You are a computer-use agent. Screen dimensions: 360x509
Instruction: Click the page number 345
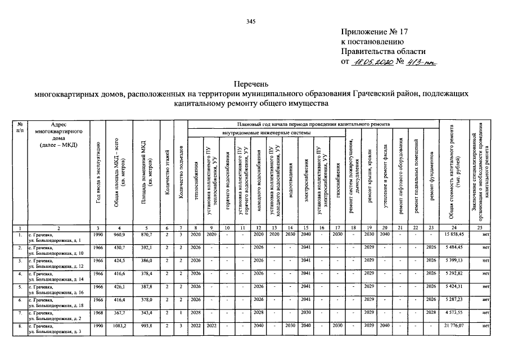pyautogui.click(x=251, y=21)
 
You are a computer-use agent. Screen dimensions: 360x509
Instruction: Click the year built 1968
pyautogui.click(x=97, y=313)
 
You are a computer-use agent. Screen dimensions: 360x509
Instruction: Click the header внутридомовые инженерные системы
pyautogui.click(x=265, y=133)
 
